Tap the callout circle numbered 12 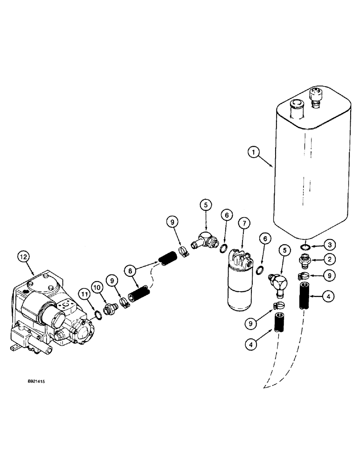click(x=23, y=256)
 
